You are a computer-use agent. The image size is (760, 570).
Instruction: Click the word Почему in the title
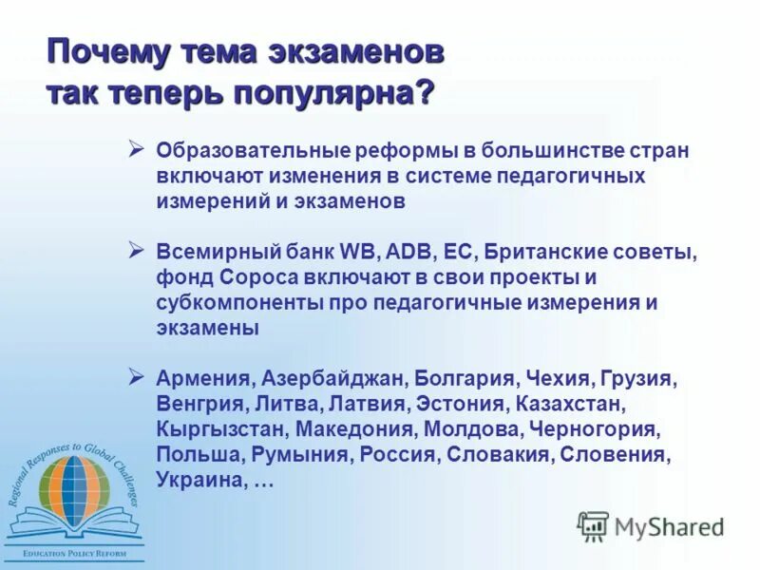click(x=102, y=51)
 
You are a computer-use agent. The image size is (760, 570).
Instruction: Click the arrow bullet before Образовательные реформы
click(x=136, y=149)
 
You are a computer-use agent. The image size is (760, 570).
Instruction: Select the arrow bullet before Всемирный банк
click(x=136, y=250)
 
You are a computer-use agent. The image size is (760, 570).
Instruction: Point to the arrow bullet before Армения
click(x=136, y=376)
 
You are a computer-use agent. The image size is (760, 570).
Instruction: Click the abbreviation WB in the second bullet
click(x=360, y=253)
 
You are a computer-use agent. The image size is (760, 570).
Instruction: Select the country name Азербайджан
click(x=332, y=379)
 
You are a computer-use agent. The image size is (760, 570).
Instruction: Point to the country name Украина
click(x=200, y=480)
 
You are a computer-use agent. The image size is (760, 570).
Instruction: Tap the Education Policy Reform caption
click(x=72, y=553)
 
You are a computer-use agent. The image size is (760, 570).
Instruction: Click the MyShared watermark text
click(x=669, y=526)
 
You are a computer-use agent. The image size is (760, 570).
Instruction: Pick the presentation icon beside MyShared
click(x=593, y=525)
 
